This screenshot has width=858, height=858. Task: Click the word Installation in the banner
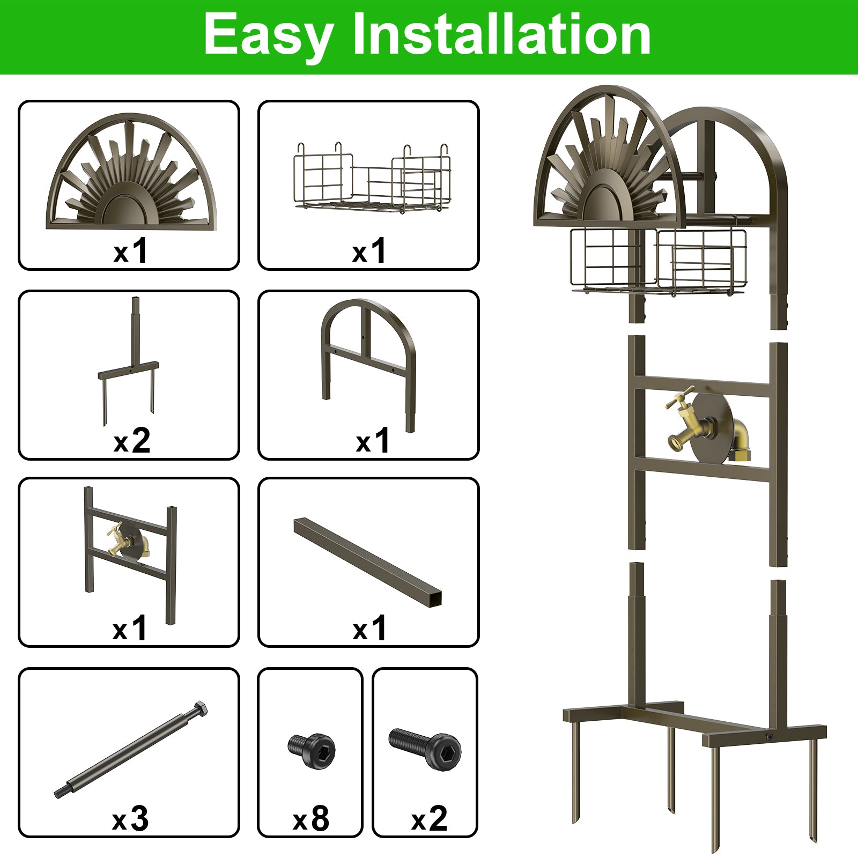[501, 35]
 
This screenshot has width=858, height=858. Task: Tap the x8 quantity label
[311, 819]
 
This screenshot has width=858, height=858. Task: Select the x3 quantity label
[130, 819]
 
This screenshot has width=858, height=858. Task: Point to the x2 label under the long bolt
[429, 819]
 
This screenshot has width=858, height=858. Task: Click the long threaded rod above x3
[131, 750]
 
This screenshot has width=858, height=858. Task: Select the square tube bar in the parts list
[368, 561]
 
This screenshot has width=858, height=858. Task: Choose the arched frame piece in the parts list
[369, 354]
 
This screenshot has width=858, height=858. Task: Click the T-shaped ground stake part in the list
[129, 365]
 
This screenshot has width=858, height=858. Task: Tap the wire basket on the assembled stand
[659, 261]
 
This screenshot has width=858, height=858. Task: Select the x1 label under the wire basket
[369, 250]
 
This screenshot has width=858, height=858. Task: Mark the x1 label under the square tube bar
[369, 628]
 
